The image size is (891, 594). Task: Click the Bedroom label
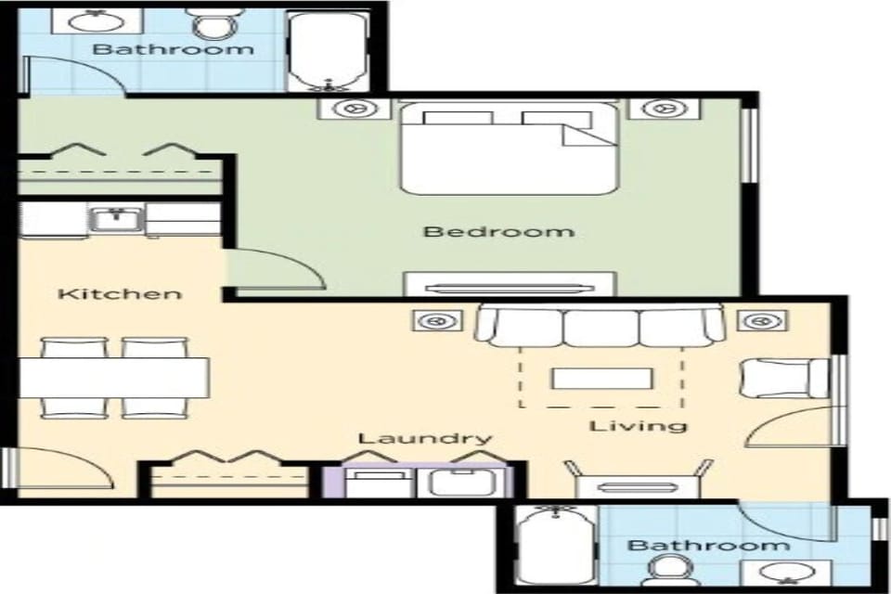(498, 231)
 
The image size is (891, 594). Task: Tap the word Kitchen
(120, 294)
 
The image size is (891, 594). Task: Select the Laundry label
(424, 438)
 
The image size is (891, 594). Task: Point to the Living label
(639, 426)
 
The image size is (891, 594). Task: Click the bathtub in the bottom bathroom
(554, 547)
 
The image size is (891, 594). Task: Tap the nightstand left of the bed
(355, 109)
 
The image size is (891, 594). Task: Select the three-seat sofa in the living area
(600, 328)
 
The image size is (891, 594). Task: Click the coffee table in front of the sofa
(601, 379)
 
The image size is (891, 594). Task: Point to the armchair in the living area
(782, 378)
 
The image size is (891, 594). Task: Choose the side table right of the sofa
(762, 321)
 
